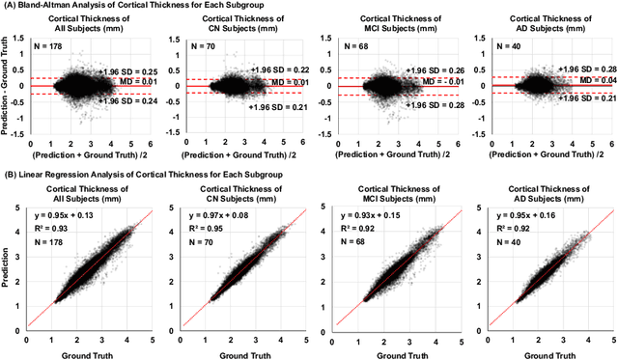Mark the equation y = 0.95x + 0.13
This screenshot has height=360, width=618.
[61, 211]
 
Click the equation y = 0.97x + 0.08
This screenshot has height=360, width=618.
[213, 211]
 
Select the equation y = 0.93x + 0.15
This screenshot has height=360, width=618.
[365, 211]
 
